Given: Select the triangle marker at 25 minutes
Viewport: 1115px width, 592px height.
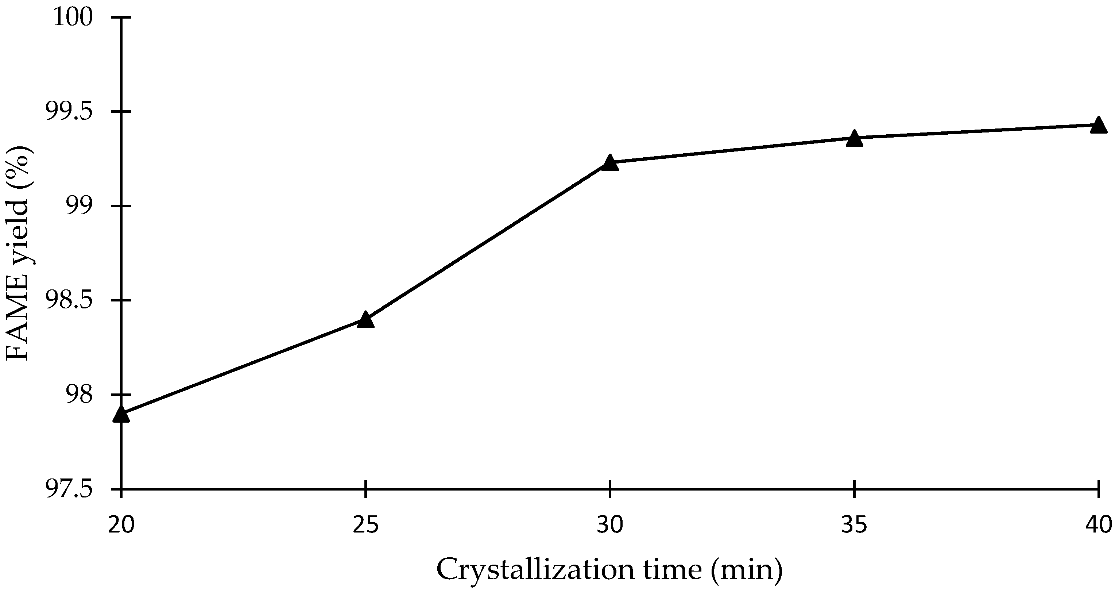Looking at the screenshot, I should coord(366,320).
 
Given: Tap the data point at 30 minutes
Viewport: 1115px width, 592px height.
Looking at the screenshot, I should coord(610,163).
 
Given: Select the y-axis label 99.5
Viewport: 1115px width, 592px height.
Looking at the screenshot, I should coord(69,112).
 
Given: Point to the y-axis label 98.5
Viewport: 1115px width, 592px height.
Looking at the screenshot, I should coord(69,300).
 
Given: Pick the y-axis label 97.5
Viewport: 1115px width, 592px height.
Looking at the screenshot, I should coord(69,489).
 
